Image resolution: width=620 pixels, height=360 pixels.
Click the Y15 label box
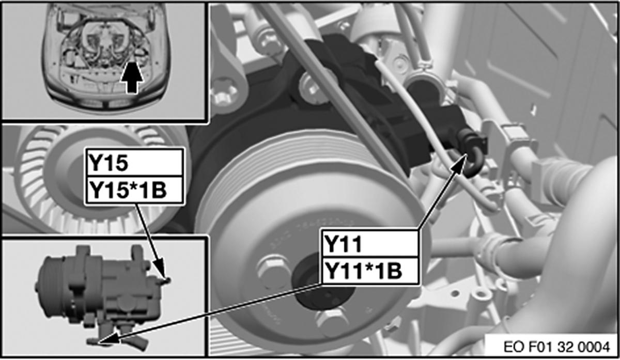click(135, 163)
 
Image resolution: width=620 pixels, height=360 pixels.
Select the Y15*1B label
click(135, 190)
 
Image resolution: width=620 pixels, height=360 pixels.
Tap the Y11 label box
click(370, 243)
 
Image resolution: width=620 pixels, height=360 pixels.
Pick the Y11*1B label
click(370, 270)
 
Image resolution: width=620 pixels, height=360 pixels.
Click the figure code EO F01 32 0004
click(556, 347)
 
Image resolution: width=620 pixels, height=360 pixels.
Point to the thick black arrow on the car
click(132, 77)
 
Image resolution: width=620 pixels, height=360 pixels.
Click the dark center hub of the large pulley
click(324, 285)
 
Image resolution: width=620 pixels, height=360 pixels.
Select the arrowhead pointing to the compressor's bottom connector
click(110, 339)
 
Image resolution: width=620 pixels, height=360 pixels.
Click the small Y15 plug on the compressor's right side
click(165, 281)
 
